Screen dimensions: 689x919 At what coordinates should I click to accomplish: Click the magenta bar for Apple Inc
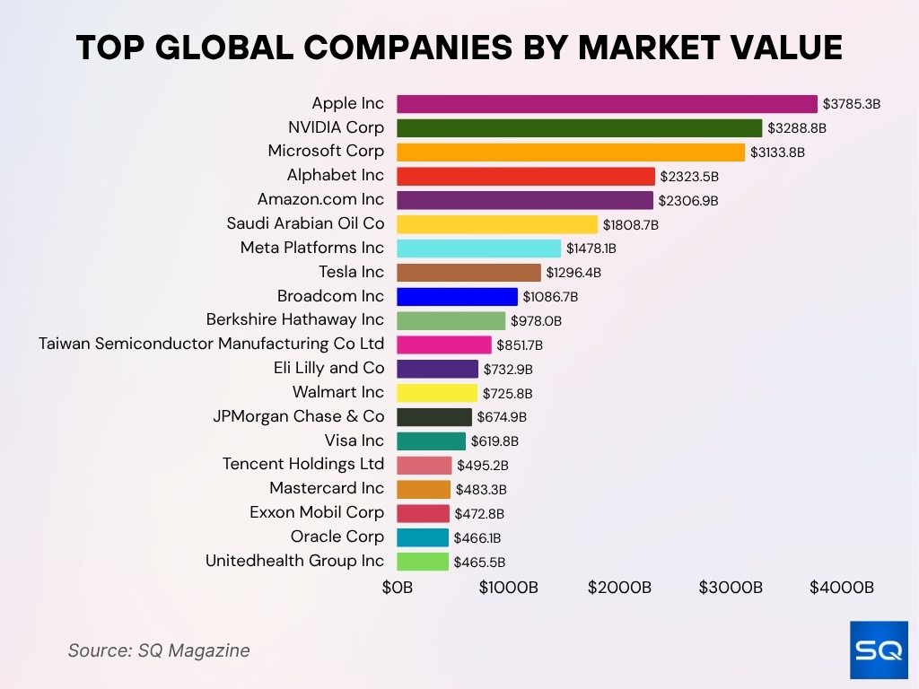pyautogui.click(x=607, y=104)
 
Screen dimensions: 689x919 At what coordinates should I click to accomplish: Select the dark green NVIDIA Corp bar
pyautogui.click(x=579, y=128)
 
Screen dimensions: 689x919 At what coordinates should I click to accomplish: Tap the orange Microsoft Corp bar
pyautogui.click(x=571, y=153)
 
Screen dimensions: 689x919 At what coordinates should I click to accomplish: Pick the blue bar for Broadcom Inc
pyautogui.click(x=457, y=296)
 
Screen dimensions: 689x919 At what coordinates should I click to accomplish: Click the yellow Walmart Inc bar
pyautogui.click(x=437, y=393)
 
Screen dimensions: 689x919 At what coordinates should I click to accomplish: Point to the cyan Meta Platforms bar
pyautogui.click(x=478, y=249)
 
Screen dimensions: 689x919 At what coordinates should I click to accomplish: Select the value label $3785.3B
pyautogui.click(x=852, y=104)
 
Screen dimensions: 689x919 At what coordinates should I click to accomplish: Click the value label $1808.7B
pyautogui.click(x=630, y=224)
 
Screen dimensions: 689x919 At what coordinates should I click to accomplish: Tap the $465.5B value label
pyautogui.click(x=479, y=563)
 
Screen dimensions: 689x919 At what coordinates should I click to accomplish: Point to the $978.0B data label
pyautogui.click(x=536, y=320)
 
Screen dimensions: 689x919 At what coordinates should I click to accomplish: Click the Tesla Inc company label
pyautogui.click(x=351, y=272)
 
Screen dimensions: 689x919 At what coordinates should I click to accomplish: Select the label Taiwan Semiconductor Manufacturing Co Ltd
pyautogui.click(x=211, y=344)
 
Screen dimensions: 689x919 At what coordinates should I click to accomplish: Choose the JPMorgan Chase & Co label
pyautogui.click(x=298, y=416)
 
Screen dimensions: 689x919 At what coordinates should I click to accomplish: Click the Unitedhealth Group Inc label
pyautogui.click(x=294, y=561)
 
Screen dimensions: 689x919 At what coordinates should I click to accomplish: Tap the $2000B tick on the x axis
pyautogui.click(x=619, y=588)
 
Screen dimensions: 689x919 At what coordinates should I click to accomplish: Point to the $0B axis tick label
pyautogui.click(x=397, y=588)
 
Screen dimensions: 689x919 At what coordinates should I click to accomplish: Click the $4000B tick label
pyautogui.click(x=841, y=588)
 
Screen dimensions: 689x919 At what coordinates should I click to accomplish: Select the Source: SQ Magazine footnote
pyautogui.click(x=159, y=650)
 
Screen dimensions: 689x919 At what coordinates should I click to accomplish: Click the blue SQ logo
pyautogui.click(x=879, y=650)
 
